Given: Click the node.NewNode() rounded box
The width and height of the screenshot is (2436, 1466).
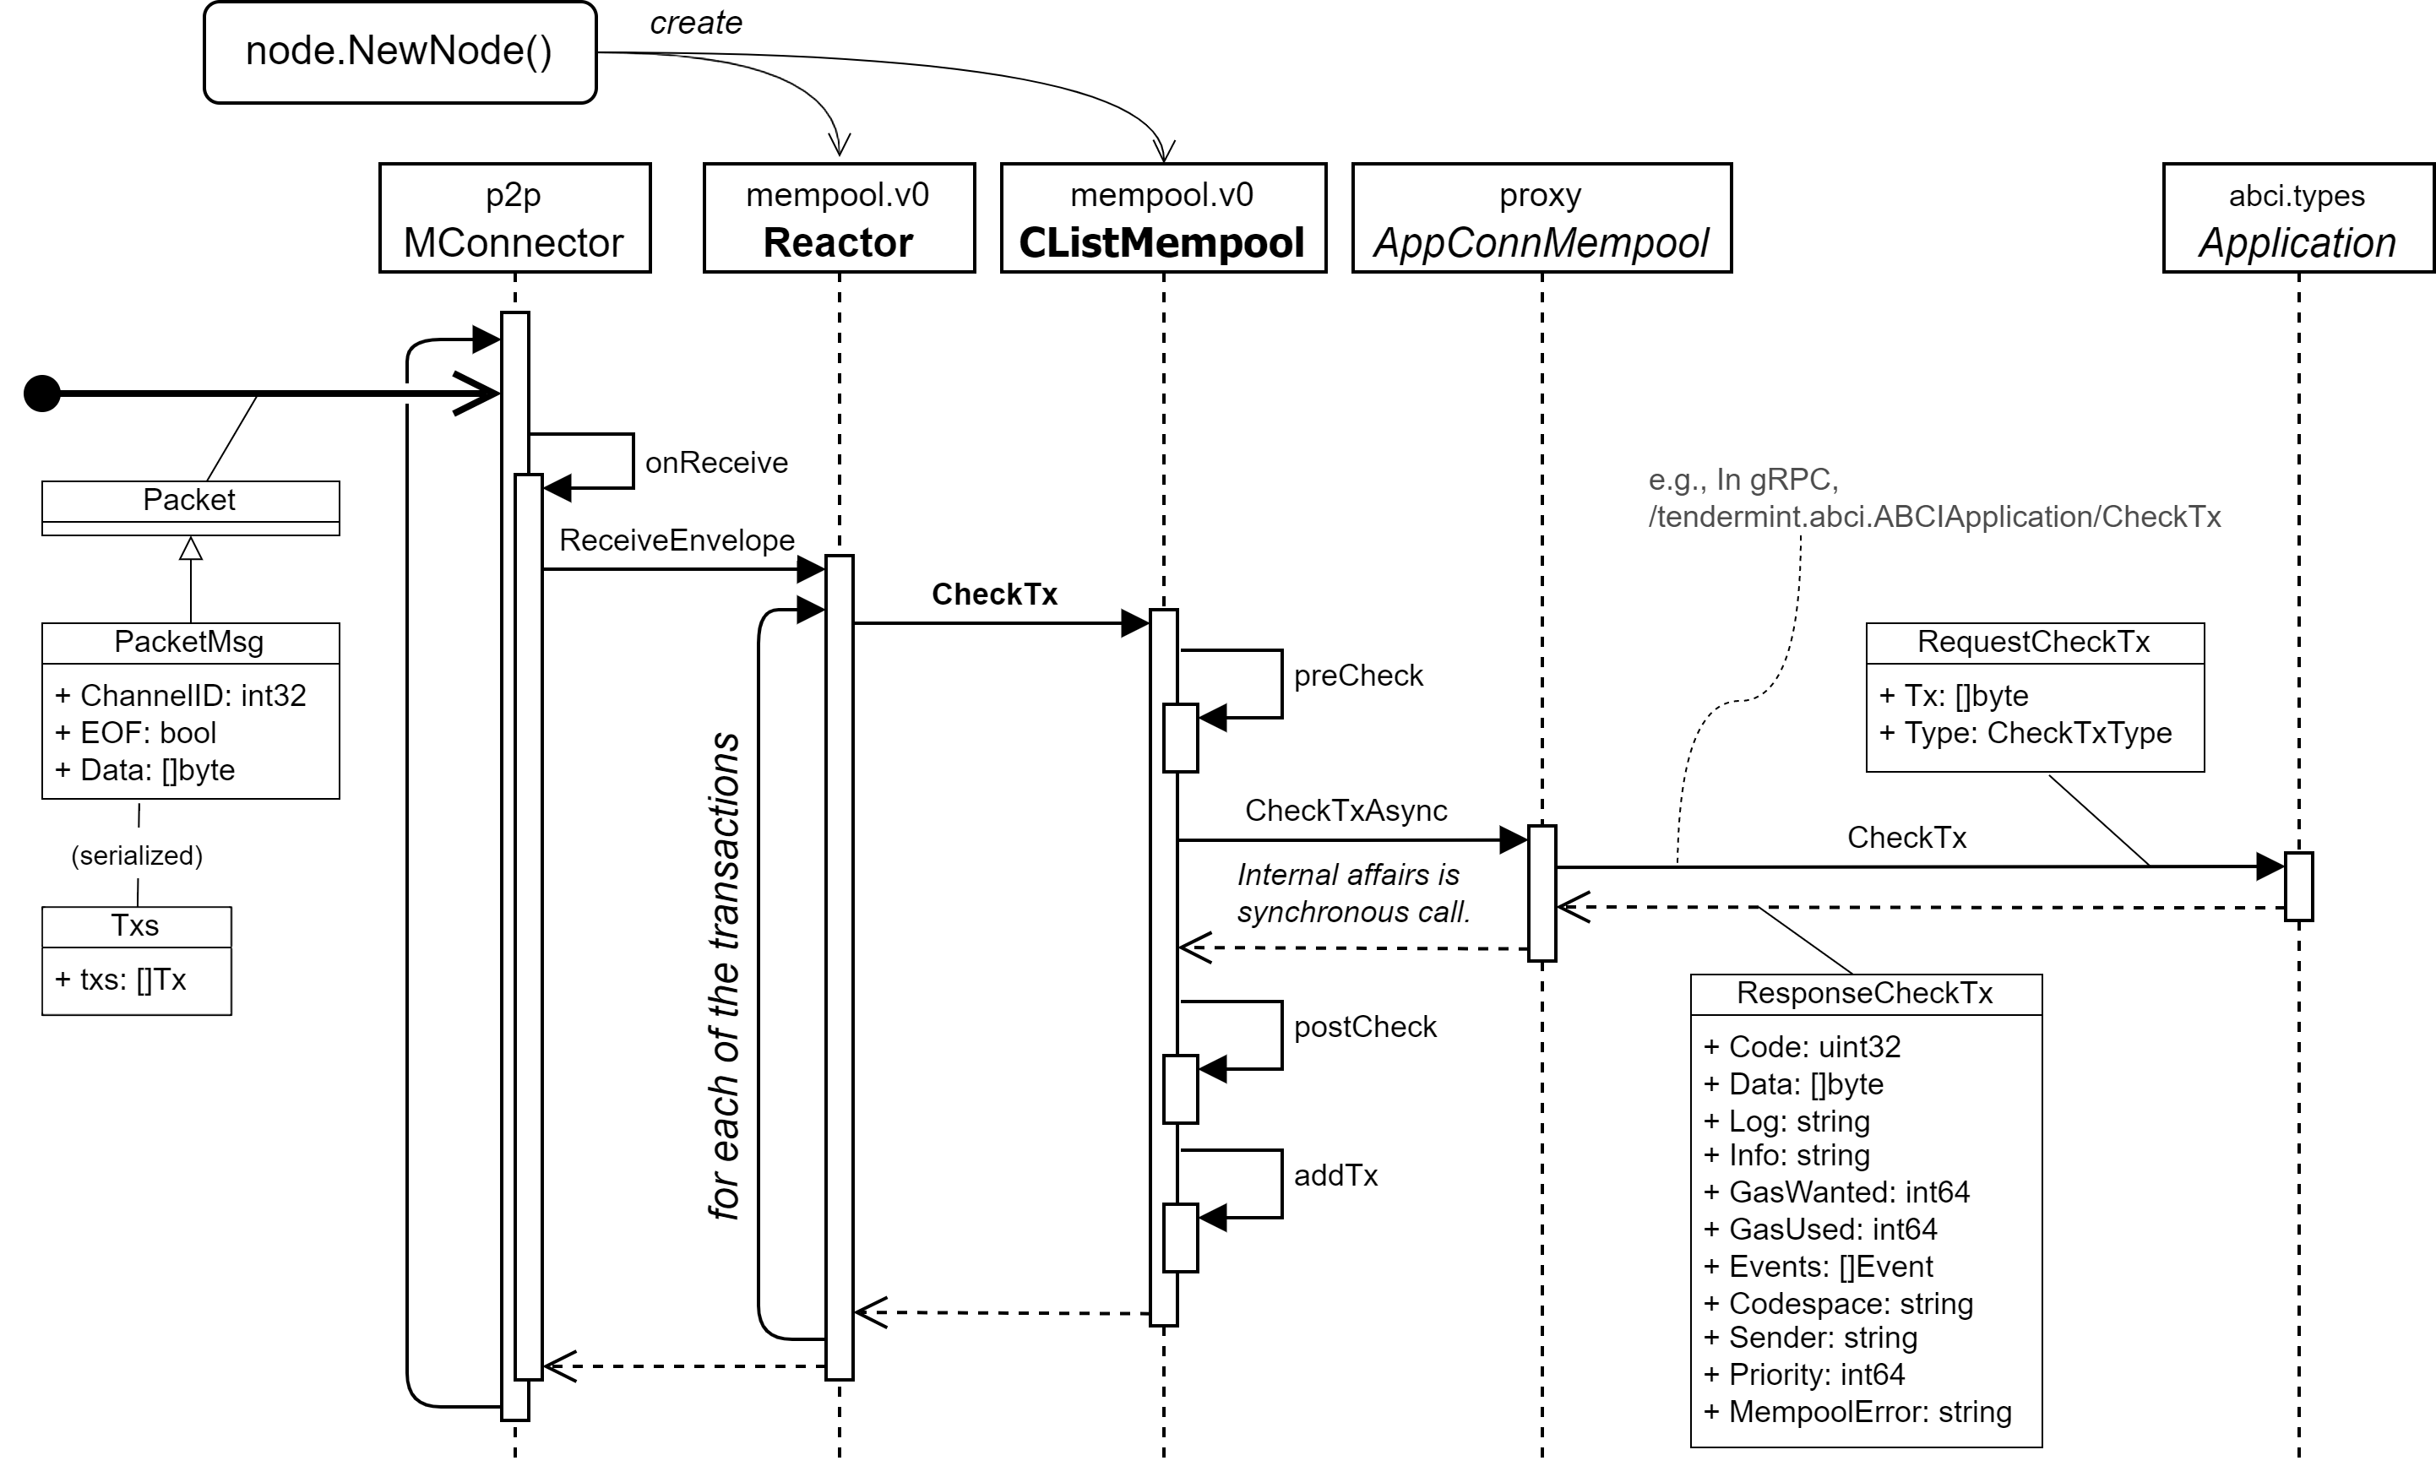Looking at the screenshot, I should (x=400, y=52).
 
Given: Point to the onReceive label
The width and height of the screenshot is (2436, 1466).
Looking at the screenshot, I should (x=716, y=462).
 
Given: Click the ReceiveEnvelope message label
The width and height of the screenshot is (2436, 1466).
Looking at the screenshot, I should (x=677, y=540).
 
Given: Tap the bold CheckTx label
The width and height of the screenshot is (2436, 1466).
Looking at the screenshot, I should (x=994, y=594).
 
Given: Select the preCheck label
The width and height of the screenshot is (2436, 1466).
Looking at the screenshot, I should (x=1358, y=676).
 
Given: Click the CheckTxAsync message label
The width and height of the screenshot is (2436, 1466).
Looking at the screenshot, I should (x=1346, y=810).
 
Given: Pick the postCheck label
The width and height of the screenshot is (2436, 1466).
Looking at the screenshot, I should (x=1365, y=1028).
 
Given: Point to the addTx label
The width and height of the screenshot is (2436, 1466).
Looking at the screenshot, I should (x=1335, y=1176).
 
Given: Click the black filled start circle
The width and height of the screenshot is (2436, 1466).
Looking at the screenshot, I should (x=42, y=394).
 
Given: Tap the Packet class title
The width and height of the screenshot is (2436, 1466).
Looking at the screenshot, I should (x=190, y=500).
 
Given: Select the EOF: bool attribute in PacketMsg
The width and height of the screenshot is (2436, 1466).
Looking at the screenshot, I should (x=148, y=733).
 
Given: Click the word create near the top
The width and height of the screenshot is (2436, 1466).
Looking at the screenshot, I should (x=695, y=23).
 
